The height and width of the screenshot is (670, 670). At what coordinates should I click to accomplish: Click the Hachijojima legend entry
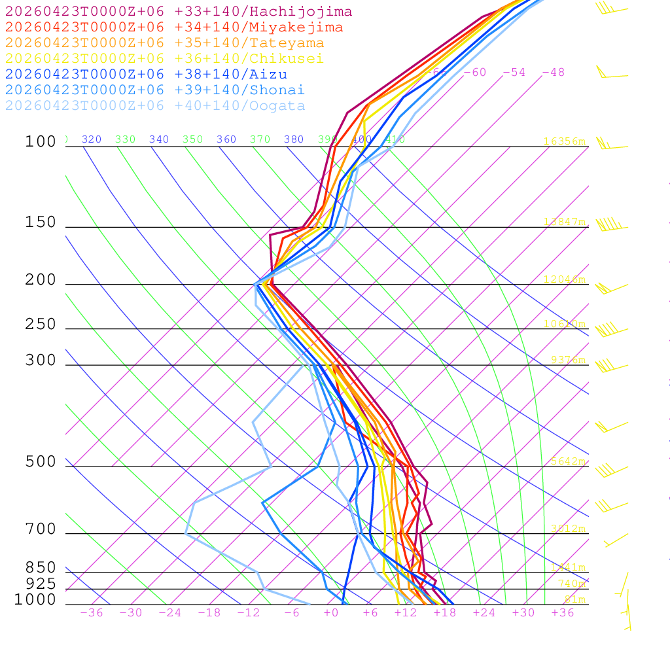tap(178, 12)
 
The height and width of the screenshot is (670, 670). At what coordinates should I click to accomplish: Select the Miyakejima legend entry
tap(173, 27)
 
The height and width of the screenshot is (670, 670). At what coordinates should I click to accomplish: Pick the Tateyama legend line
tap(164, 43)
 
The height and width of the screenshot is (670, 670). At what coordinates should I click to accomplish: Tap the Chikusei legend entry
tap(164, 59)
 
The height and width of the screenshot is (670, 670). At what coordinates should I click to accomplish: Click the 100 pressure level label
tap(41, 142)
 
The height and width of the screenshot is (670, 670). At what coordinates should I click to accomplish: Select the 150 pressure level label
tap(41, 222)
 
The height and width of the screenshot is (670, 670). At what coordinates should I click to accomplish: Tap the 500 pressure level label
tap(41, 462)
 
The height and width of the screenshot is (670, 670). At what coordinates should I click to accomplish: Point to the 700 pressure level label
tap(41, 529)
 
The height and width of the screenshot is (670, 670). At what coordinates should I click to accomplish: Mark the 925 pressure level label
tap(41, 584)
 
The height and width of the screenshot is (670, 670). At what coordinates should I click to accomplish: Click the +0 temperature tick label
tap(331, 613)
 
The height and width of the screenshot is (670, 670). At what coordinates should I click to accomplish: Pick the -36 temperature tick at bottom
tap(92, 613)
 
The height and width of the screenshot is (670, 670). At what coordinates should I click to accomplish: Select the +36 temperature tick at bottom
tap(563, 613)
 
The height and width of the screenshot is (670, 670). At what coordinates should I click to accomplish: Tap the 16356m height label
tap(564, 141)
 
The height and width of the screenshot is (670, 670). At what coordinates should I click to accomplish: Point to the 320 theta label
tap(92, 139)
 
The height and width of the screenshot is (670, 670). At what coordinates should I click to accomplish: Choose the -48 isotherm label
tap(553, 73)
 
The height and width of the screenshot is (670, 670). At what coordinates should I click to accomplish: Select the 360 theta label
tap(226, 139)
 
